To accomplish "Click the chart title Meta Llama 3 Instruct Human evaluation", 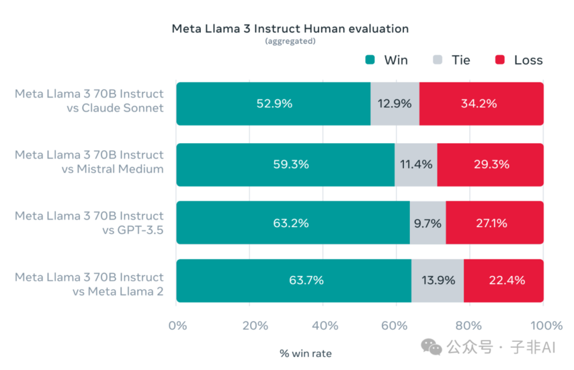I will pos(290,29).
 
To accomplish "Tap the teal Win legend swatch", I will pos(370,60).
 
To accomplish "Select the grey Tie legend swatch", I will pos(439,60).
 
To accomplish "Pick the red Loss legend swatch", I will pos(500,60).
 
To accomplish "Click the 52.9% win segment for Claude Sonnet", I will pos(273,104).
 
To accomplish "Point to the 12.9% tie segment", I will pos(394,104).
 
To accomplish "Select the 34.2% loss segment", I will pos(481,104).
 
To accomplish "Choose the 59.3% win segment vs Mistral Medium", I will pos(285,165).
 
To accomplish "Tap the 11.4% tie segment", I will pos(416,165).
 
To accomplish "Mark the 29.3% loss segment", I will pos(490,165).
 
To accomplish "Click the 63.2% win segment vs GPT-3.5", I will pos(293,223).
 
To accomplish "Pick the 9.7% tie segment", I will pos(427,223).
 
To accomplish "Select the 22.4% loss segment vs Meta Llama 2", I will pos(503,281).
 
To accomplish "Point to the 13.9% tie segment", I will pos(437,281).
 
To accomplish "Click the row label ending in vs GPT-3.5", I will pos(89,223).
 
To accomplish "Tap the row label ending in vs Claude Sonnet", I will pos(89,100).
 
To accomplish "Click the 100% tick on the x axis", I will pos(545,326).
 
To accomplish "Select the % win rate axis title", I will pos(306,353).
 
